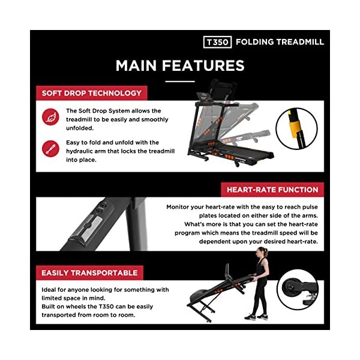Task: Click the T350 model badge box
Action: coord(217,42)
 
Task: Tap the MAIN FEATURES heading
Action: coord(180,65)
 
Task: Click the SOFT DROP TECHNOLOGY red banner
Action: coord(92,93)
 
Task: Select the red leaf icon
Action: coord(50,117)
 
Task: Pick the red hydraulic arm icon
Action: coord(50,149)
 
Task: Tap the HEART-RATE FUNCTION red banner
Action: coord(272,190)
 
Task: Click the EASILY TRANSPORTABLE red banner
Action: coord(89,273)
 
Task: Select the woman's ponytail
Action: coord(266,252)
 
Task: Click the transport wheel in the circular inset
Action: coord(290,287)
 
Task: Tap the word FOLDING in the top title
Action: coord(254,42)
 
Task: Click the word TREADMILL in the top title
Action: coord(300,42)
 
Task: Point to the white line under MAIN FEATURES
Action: coord(180,81)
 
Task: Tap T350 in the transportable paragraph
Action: coord(106,307)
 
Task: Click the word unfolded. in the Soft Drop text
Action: coord(80,128)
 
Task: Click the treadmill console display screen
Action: coord(203,97)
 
